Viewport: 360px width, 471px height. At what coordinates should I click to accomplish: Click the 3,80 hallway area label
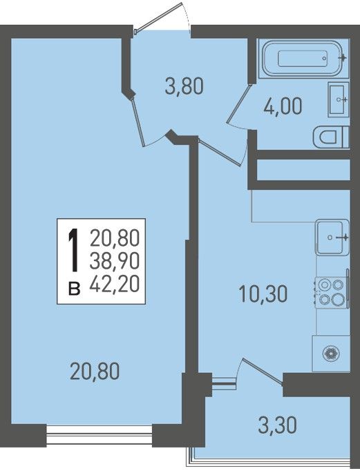(x=184, y=86)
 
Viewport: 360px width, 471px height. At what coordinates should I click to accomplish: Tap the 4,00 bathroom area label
(x=283, y=106)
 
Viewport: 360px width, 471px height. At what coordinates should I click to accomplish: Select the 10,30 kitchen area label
(x=263, y=294)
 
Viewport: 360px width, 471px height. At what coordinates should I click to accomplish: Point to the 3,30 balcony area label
(x=277, y=425)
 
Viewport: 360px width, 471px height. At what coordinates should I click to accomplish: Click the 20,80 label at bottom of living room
(x=95, y=371)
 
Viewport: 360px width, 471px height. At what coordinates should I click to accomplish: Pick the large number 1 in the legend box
(x=73, y=250)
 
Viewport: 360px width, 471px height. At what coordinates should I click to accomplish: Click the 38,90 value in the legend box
(x=115, y=260)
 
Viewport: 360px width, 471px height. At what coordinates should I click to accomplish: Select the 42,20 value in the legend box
(x=115, y=284)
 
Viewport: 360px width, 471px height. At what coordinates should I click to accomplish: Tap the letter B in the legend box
(x=74, y=288)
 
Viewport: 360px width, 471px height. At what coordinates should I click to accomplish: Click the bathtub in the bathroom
(x=303, y=58)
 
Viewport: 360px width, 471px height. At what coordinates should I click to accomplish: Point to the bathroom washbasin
(x=339, y=99)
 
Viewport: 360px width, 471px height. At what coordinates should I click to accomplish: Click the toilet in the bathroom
(x=330, y=137)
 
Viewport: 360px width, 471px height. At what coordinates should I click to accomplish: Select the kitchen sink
(x=332, y=237)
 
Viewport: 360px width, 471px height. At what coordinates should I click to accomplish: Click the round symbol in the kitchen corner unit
(x=331, y=354)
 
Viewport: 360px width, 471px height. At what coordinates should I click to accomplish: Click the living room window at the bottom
(x=100, y=435)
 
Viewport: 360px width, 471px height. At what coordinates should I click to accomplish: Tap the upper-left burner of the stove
(x=324, y=285)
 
